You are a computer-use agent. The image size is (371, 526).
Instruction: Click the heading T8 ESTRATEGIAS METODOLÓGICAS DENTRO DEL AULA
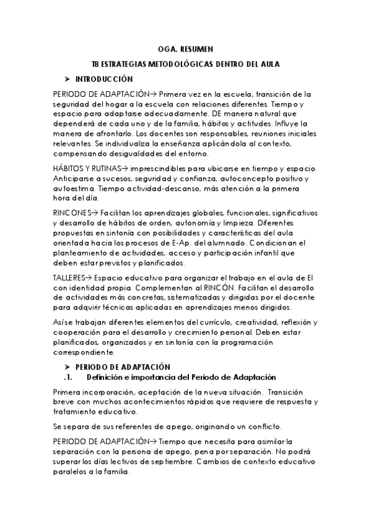[185, 64]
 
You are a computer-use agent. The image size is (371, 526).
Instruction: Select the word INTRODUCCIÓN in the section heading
[104, 80]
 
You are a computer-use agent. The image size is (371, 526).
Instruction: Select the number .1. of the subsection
[69, 377]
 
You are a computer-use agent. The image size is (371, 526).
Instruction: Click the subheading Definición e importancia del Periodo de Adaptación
[181, 377]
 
